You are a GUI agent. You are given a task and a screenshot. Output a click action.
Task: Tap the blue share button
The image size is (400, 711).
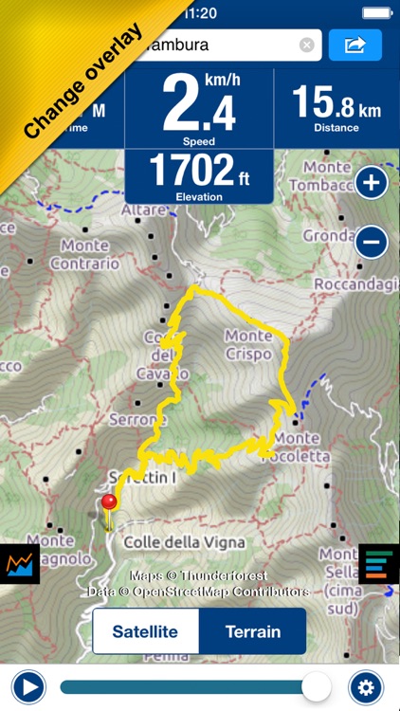click(355, 45)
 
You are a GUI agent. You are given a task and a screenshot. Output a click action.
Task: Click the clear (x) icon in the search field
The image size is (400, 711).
click(306, 45)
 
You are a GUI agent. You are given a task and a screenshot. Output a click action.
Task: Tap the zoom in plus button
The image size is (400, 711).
click(372, 183)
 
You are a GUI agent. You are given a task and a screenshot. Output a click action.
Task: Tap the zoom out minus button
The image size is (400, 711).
click(372, 243)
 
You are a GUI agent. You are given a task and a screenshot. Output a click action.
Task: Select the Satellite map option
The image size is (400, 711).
click(145, 631)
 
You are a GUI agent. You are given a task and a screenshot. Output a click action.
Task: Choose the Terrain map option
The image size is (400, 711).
click(253, 631)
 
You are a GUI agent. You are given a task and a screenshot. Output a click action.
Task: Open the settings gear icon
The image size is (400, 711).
click(366, 686)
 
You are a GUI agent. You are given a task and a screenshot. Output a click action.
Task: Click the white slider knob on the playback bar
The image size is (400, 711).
click(317, 686)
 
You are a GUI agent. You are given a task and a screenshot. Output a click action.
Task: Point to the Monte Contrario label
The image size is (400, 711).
click(90, 254)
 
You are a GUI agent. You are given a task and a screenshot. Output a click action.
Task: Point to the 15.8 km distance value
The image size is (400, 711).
click(336, 102)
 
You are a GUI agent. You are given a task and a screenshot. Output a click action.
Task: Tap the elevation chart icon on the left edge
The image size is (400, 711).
click(19, 565)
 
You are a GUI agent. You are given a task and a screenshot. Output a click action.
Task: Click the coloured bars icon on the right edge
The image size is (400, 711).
click(377, 563)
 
